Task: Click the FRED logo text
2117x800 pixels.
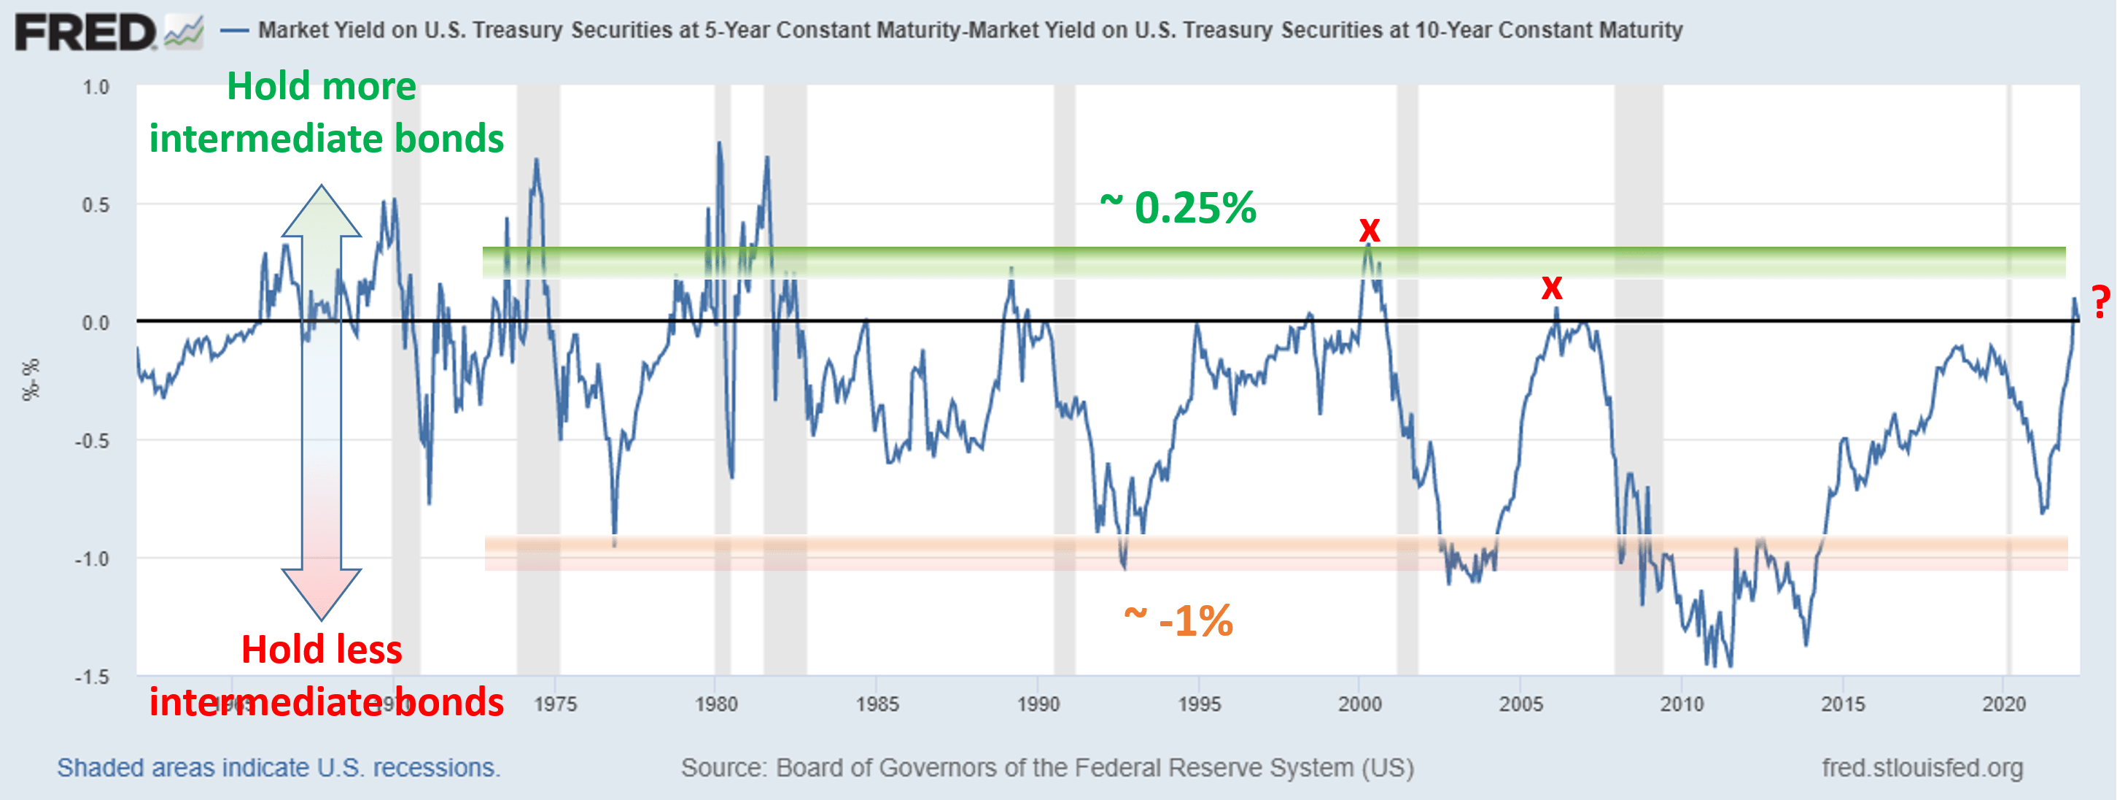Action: [85, 33]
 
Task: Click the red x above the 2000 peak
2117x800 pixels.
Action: [1369, 229]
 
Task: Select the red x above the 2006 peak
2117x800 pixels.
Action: [1551, 288]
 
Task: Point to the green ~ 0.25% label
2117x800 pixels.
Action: [1178, 207]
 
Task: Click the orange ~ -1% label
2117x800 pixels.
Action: [1178, 620]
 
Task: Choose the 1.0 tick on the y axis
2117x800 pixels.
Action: [96, 87]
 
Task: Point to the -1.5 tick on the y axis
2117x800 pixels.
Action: [92, 677]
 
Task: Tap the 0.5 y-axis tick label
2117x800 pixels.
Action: [96, 204]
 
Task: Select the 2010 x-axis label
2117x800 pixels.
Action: [1682, 704]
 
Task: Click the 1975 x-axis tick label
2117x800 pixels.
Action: [555, 704]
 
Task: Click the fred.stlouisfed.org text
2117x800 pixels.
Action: [1922, 768]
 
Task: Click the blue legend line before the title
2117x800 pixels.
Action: [235, 31]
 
